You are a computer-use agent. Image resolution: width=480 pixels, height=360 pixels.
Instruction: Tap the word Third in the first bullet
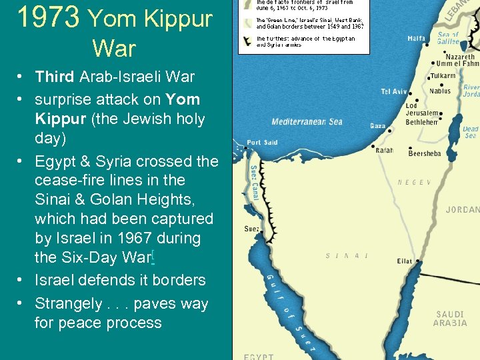(x=55, y=77)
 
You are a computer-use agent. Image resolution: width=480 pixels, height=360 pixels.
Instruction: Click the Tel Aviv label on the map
(x=394, y=92)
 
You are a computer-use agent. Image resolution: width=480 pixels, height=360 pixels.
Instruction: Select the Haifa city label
(x=417, y=39)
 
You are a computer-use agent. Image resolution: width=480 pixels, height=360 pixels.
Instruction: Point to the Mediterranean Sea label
(x=307, y=122)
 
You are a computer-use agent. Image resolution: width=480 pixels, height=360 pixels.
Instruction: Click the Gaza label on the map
(x=377, y=126)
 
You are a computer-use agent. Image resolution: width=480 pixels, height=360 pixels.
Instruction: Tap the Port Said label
(x=262, y=143)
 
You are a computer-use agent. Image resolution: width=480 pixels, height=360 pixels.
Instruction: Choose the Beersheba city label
(x=424, y=154)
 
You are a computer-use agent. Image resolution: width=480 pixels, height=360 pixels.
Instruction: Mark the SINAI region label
(x=347, y=256)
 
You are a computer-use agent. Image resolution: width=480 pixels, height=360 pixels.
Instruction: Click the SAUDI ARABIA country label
(x=451, y=319)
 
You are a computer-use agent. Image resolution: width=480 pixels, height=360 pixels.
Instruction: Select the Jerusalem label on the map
(x=422, y=113)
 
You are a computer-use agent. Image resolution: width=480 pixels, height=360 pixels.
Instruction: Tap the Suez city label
(x=252, y=229)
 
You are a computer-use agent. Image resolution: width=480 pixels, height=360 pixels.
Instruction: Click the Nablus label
(x=440, y=91)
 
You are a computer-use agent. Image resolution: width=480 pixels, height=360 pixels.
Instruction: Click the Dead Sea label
(x=471, y=132)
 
